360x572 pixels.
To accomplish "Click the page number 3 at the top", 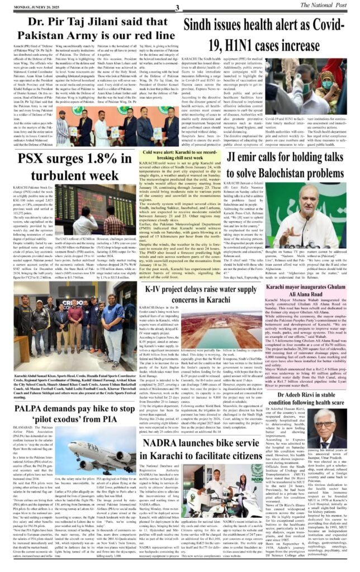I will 177,7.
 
